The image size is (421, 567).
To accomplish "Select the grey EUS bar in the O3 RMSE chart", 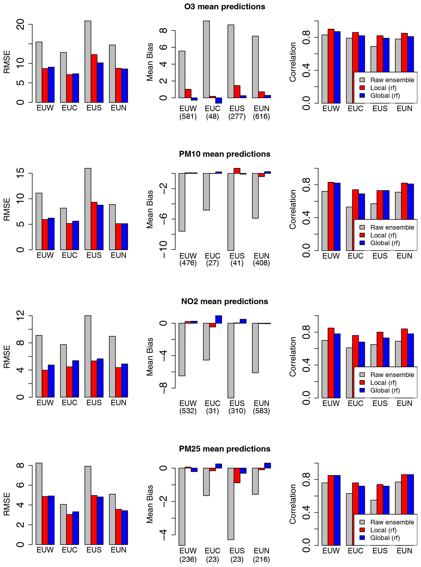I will tap(88, 61).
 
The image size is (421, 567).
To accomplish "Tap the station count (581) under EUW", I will tap(188, 117).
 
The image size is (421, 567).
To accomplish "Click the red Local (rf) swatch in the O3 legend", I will tap(362, 88).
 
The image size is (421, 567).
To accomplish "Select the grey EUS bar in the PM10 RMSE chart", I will tap(88, 209).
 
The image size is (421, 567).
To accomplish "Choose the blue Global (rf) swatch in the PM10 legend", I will tap(362, 243).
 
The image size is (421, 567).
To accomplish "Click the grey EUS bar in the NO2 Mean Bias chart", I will tap(231, 360).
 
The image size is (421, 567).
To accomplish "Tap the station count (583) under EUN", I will tap(262, 411).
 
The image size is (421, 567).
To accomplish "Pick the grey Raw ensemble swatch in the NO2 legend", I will tap(362, 375).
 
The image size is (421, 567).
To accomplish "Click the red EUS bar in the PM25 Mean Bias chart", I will tap(237, 475).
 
